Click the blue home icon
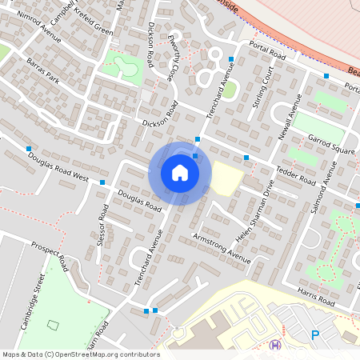tap(180, 173)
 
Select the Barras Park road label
tap(42, 70)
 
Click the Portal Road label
tap(267, 50)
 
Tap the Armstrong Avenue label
tap(222, 248)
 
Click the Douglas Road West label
tap(58, 165)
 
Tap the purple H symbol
tap(276, 345)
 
